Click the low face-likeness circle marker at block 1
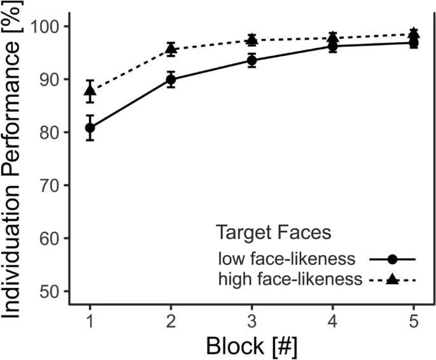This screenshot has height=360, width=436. click(90, 127)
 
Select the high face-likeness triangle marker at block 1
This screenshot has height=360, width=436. click(90, 90)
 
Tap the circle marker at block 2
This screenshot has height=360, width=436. click(171, 80)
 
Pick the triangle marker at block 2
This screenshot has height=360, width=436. click(171, 48)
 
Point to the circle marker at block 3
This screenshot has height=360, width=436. click(252, 61)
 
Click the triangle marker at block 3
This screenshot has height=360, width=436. click(252, 40)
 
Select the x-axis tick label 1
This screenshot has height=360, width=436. click(90, 317)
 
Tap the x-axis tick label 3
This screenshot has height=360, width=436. click(252, 317)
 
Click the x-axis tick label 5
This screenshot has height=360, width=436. click(414, 317)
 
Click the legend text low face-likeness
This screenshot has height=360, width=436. click(294, 259)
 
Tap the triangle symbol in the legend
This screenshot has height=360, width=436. click(392, 278)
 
